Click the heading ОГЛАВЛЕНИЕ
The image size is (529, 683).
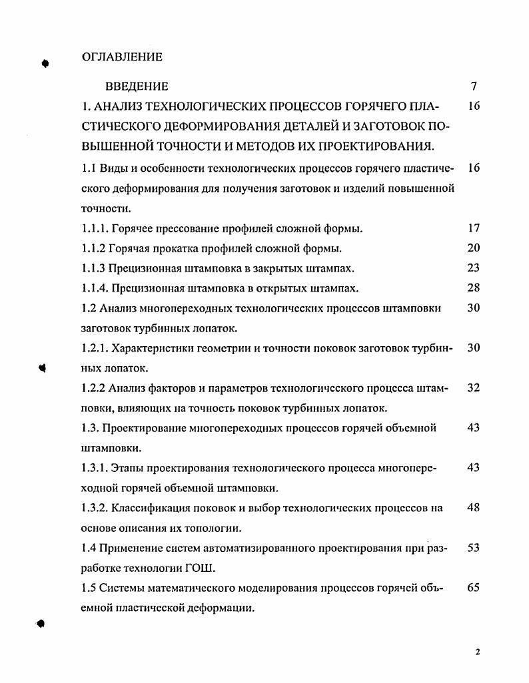click(122, 57)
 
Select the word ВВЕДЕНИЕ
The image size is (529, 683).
click(137, 87)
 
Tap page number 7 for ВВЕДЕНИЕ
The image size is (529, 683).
click(474, 87)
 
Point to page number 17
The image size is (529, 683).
click(474, 228)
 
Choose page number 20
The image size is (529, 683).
click(474, 248)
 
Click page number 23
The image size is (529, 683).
click(474, 268)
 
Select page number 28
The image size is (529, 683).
click(474, 288)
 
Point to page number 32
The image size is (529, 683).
click(474, 387)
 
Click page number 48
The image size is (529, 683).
click(474, 508)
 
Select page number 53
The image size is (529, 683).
click(474, 548)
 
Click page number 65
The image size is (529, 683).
click(474, 588)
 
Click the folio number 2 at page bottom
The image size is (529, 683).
click(478, 652)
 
